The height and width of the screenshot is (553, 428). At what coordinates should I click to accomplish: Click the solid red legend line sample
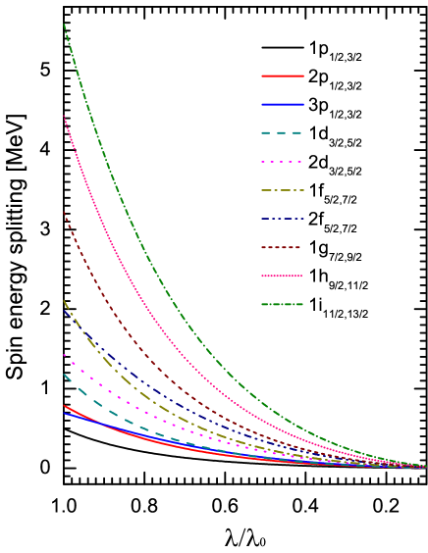tap(283, 75)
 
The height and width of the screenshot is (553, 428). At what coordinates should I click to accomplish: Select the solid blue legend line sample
tap(283, 104)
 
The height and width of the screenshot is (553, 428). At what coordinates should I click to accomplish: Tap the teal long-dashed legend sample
tap(283, 132)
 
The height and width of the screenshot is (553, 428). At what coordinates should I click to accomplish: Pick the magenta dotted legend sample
tap(283, 162)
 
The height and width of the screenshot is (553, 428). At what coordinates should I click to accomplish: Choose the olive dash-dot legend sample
tap(283, 190)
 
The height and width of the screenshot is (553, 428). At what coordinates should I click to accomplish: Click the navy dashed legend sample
tap(283, 219)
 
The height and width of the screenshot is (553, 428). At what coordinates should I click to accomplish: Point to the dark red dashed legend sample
tap(283, 247)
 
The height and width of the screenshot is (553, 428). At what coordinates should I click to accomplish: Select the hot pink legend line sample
tap(283, 276)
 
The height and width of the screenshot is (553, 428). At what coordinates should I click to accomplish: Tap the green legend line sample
tap(283, 304)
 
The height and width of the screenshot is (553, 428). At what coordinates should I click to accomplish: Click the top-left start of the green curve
tap(65, 25)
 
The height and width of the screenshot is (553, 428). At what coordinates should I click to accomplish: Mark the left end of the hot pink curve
tap(65, 118)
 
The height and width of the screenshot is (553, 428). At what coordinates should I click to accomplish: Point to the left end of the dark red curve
tap(65, 213)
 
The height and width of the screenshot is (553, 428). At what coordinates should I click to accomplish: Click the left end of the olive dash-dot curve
tap(65, 301)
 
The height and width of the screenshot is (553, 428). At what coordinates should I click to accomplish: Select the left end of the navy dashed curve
tap(65, 312)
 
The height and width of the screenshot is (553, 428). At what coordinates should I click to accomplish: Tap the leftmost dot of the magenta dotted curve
tap(65, 355)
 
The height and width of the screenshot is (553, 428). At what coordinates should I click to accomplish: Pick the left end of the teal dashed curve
tap(65, 375)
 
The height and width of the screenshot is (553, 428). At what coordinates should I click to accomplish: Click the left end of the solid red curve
tap(65, 406)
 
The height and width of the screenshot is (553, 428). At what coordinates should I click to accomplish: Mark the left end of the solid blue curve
tap(65, 413)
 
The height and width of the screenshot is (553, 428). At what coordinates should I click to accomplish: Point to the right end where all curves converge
tap(425, 467)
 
